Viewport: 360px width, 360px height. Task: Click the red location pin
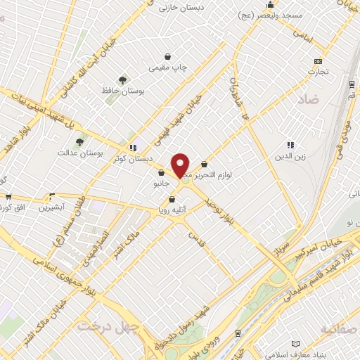181,165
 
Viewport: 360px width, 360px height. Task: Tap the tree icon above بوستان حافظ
122,80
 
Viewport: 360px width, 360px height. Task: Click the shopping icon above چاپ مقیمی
167,57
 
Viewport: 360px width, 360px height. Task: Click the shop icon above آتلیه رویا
172,200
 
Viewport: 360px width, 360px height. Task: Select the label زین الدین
290,155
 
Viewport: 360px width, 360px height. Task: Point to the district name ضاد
308,101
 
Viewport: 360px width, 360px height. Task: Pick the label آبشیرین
51,208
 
